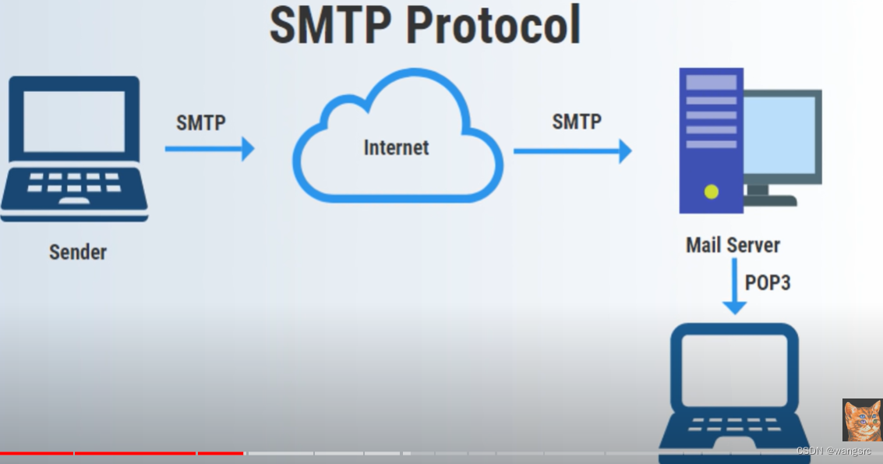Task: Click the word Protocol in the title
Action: point(493,25)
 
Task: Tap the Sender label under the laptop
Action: point(78,252)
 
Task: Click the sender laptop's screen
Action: point(74,121)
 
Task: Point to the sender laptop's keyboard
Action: point(74,187)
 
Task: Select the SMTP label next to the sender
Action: point(201,122)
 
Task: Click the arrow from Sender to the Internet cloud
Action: point(210,148)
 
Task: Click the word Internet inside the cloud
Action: point(396,147)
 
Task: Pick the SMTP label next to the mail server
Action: point(577,121)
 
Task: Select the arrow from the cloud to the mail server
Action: point(572,151)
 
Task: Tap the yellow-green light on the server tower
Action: point(711,191)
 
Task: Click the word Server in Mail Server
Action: point(754,245)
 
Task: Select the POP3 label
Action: point(768,282)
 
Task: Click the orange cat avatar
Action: point(862,420)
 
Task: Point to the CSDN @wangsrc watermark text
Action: point(834,452)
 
